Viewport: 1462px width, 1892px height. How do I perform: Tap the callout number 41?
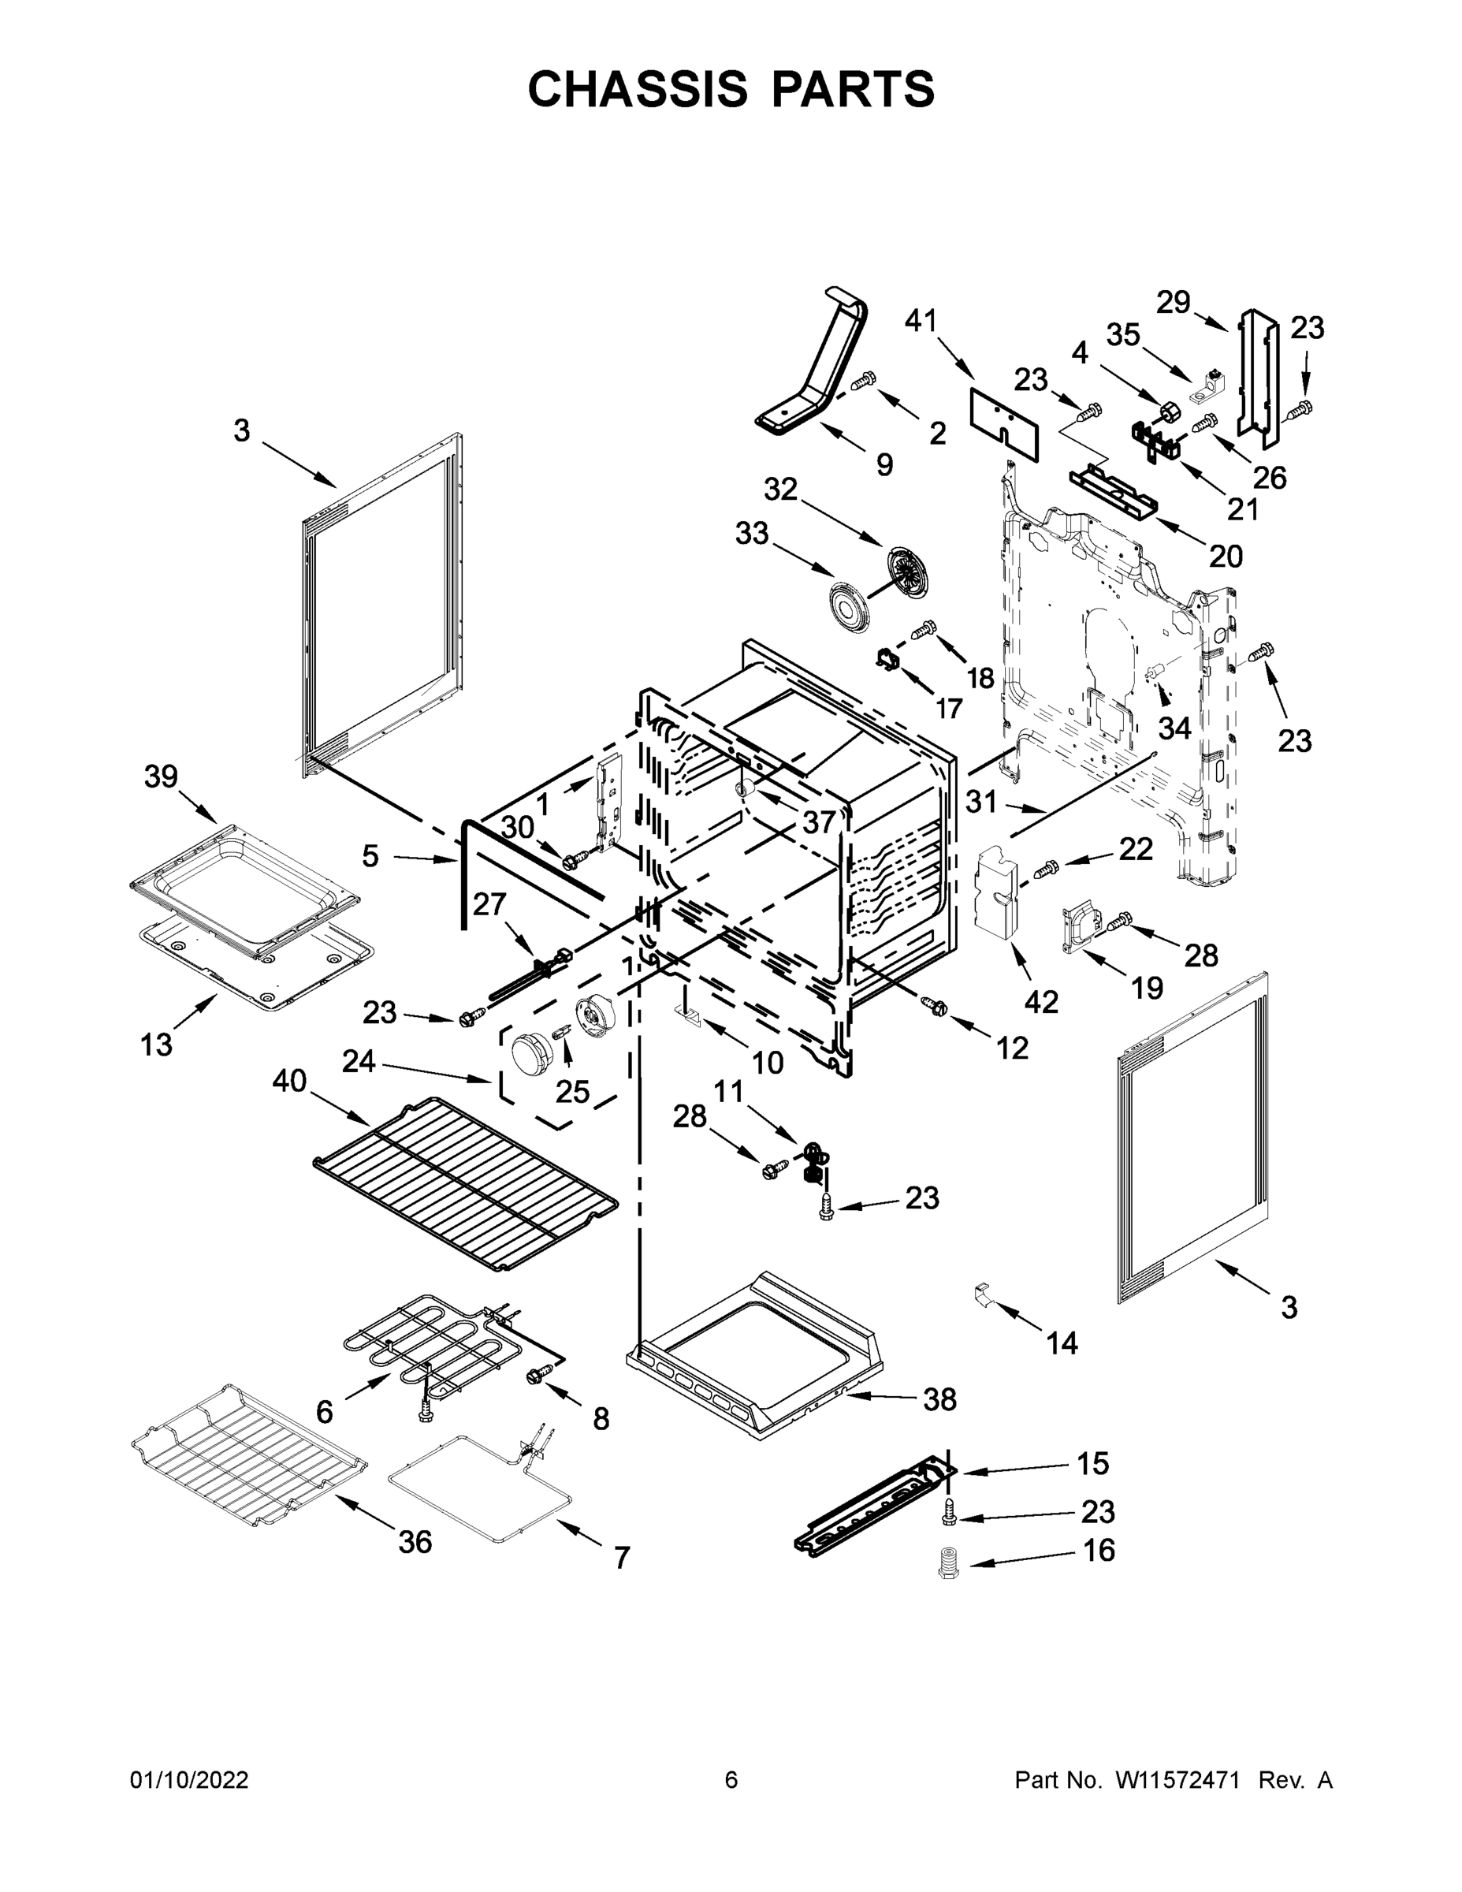point(921,321)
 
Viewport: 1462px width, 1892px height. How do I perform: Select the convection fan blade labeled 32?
point(906,572)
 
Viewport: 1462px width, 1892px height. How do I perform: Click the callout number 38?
point(939,1399)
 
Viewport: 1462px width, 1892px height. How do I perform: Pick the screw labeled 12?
point(936,1007)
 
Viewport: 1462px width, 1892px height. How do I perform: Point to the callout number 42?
point(1041,1002)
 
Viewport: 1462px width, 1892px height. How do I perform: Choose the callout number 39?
point(161,777)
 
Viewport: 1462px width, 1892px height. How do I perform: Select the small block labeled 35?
point(1210,389)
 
